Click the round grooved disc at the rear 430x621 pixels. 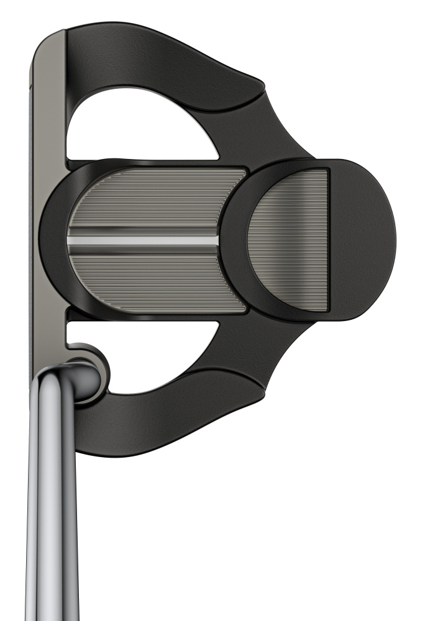289,240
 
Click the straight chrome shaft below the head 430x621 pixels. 53,528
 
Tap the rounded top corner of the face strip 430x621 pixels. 47,40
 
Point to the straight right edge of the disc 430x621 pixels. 327,240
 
